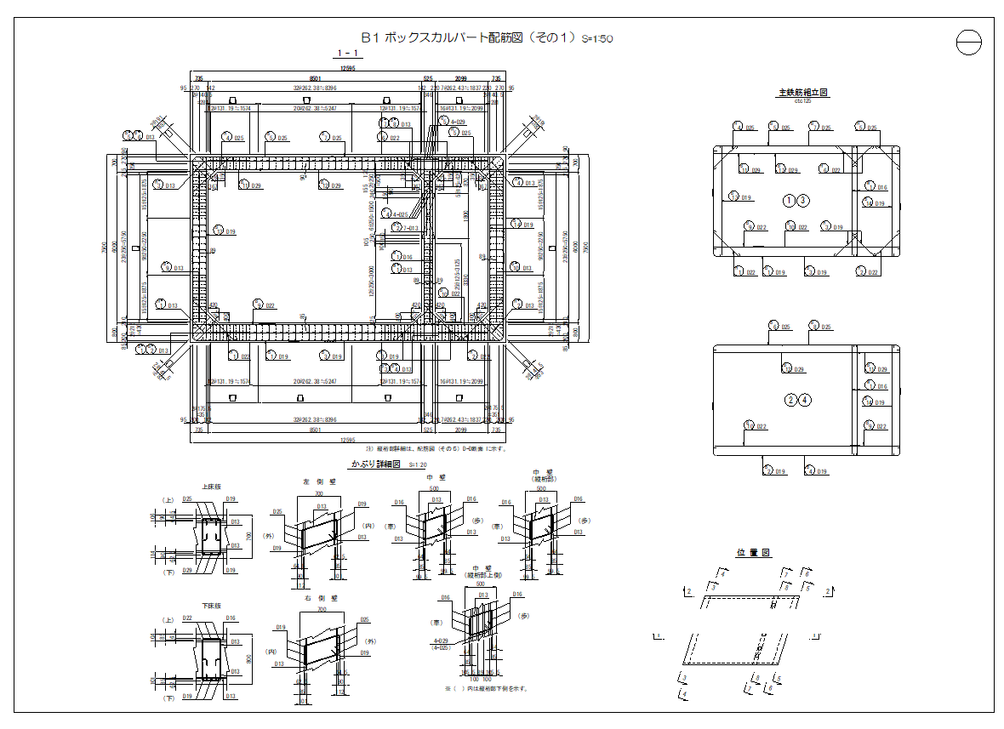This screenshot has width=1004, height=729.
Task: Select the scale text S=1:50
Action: pyautogui.click(x=597, y=39)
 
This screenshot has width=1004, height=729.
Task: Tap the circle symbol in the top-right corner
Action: pyautogui.click(x=969, y=42)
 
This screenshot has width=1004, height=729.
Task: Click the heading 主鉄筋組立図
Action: pyautogui.click(x=803, y=92)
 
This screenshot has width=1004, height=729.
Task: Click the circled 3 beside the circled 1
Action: pyautogui.click(x=803, y=200)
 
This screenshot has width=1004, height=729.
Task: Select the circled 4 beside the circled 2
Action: pyautogui.click(x=805, y=400)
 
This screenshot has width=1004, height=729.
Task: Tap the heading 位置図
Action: pyautogui.click(x=753, y=553)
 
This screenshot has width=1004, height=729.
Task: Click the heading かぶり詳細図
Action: pyautogui.click(x=375, y=464)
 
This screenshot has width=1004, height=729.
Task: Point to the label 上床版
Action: pyautogui.click(x=211, y=487)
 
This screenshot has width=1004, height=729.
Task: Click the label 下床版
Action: pyautogui.click(x=211, y=606)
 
